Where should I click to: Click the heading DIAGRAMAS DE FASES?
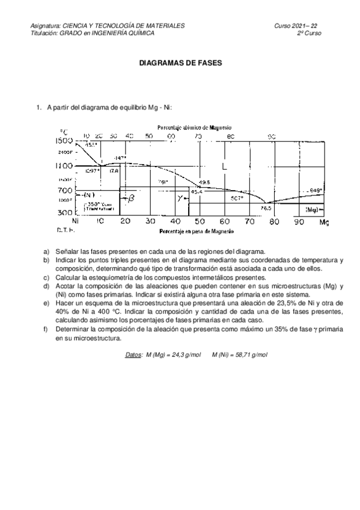(x=180, y=62)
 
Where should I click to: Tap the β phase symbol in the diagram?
(x=131, y=197)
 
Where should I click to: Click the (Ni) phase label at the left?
(x=88, y=195)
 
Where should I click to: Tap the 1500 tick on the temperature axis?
(x=65, y=141)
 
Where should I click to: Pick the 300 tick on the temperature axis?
(x=65, y=213)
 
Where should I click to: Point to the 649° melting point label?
(x=315, y=190)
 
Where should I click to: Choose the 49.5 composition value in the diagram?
(x=204, y=182)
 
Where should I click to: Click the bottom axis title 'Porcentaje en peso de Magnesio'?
(x=195, y=232)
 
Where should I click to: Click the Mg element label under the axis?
(x=324, y=223)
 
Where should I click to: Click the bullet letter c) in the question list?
(x=46, y=277)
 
